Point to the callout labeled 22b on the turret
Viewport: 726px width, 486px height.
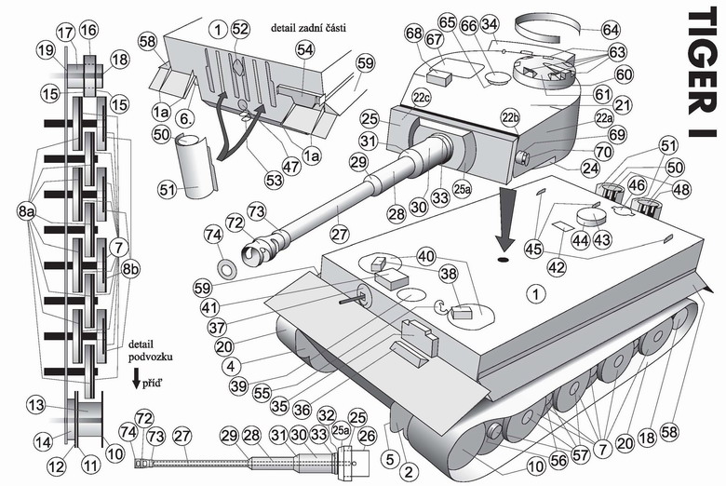[509, 116]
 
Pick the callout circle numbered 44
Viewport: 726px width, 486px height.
[581, 239]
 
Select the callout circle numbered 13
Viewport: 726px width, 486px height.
[35, 405]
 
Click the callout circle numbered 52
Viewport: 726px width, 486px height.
[240, 29]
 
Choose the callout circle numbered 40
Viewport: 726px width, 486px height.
[425, 256]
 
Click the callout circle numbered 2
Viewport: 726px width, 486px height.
[408, 472]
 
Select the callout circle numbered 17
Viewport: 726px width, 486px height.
[64, 32]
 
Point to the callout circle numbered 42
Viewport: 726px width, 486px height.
[556, 266]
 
